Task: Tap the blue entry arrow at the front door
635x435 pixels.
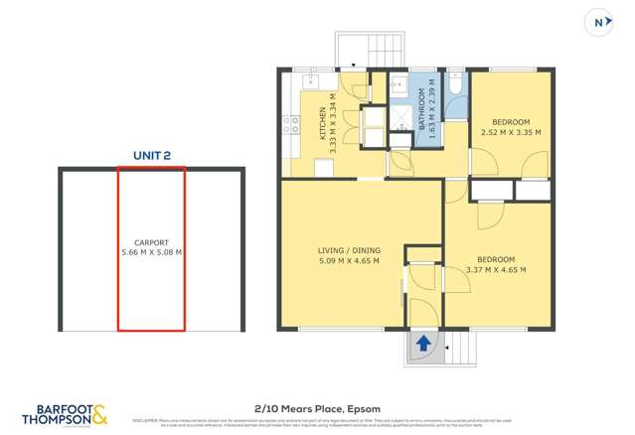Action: pos(423,345)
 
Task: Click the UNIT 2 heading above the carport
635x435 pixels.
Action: pos(152,155)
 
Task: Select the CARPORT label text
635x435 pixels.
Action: pos(151,242)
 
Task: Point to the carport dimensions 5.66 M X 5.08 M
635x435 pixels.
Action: pos(151,252)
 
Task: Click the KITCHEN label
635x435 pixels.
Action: pos(321,127)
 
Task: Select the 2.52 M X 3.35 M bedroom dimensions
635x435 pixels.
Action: pos(510,131)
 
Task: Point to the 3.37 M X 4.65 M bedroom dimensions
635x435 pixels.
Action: pos(495,269)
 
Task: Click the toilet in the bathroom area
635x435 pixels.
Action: pos(455,87)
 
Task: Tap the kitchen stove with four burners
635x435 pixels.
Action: pos(292,125)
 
